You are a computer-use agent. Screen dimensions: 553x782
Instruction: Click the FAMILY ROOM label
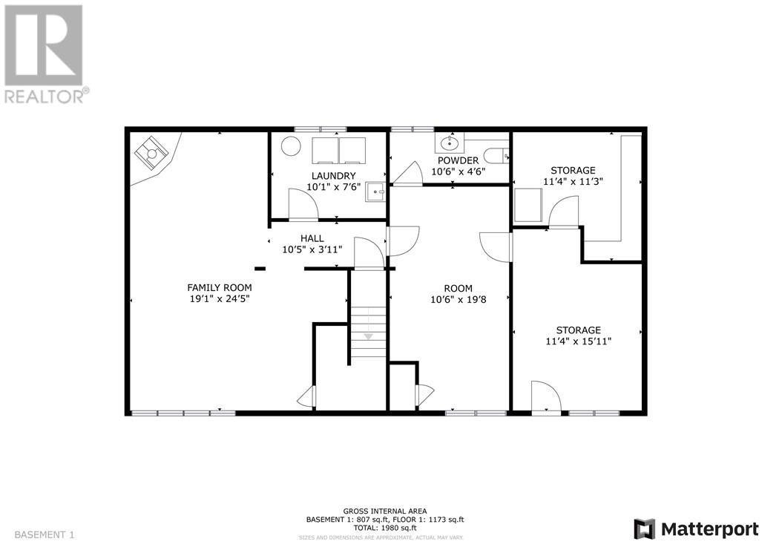219,287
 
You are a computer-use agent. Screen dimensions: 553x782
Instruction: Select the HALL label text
312,238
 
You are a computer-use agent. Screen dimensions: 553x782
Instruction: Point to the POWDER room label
458,160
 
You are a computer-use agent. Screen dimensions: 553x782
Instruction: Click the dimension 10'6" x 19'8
459,300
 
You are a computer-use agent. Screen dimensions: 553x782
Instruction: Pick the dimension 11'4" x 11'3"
572,182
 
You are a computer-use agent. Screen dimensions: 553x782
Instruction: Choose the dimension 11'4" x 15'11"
579,341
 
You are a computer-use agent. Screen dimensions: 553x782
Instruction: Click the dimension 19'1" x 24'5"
219,299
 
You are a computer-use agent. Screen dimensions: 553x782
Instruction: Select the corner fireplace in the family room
152,154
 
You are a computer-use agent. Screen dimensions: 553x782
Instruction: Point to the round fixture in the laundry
291,147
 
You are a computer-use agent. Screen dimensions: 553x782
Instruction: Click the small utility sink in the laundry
378,191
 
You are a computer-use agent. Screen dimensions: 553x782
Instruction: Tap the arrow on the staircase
368,336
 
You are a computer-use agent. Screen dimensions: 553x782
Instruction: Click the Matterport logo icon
645,529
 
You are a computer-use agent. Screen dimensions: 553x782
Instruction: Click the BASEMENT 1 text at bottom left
45,534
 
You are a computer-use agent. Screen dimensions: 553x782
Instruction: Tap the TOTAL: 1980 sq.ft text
385,528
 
